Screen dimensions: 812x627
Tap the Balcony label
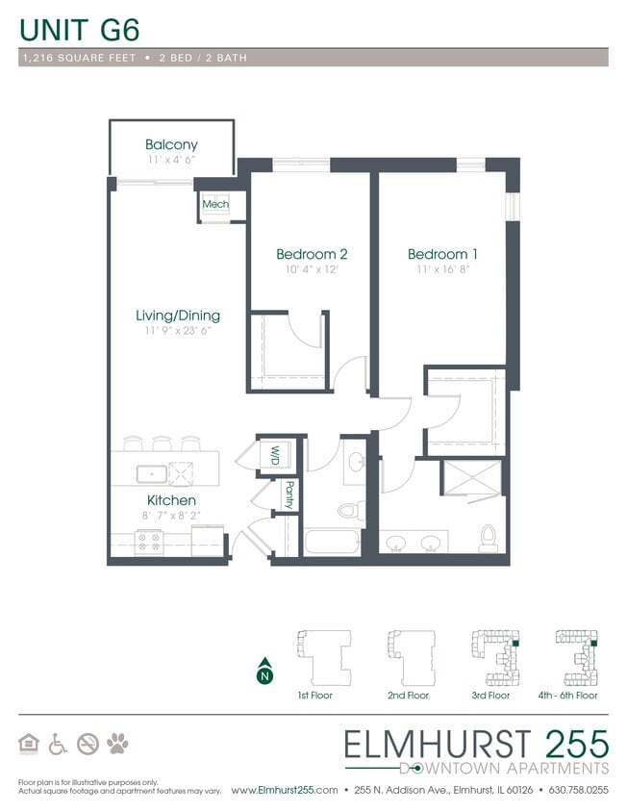point(171,145)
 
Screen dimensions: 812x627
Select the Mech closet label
point(214,204)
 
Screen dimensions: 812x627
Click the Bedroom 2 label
point(311,254)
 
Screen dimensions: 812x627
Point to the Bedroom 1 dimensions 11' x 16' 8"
point(442,270)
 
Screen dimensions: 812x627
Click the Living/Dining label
point(177,315)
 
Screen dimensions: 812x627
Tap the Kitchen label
point(171,500)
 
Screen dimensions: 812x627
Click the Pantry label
point(288,495)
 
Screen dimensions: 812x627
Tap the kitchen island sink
point(149,472)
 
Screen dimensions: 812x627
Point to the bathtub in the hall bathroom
point(332,542)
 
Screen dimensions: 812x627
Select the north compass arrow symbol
point(263,674)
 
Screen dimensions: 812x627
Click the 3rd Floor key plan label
point(490,695)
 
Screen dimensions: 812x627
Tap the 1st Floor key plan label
point(314,695)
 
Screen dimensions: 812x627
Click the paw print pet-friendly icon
point(118,743)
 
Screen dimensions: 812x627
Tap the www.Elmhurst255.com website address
point(284,790)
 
